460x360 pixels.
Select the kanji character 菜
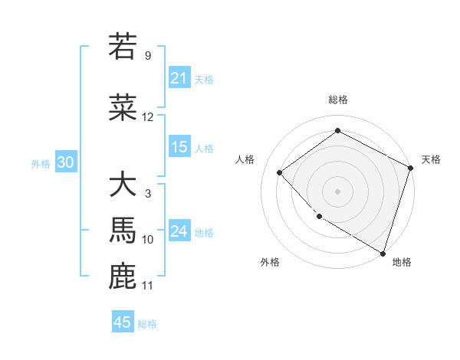click(x=123, y=107)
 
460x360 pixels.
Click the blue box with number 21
click(x=179, y=78)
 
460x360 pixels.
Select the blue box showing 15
click(x=179, y=147)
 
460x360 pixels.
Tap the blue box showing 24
click(x=179, y=231)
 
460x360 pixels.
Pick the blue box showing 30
click(x=65, y=162)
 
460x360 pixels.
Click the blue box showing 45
click(x=123, y=322)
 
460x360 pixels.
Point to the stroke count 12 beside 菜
click(x=148, y=117)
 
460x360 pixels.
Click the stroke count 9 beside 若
click(x=147, y=56)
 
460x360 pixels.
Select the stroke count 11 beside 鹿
click(x=148, y=286)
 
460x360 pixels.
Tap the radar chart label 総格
click(x=338, y=100)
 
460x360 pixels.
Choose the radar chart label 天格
click(x=431, y=159)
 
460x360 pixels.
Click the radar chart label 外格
click(x=270, y=262)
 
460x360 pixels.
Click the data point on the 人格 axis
click(x=280, y=172)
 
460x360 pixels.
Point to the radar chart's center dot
click(x=337, y=191)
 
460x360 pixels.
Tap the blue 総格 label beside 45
click(x=147, y=324)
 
